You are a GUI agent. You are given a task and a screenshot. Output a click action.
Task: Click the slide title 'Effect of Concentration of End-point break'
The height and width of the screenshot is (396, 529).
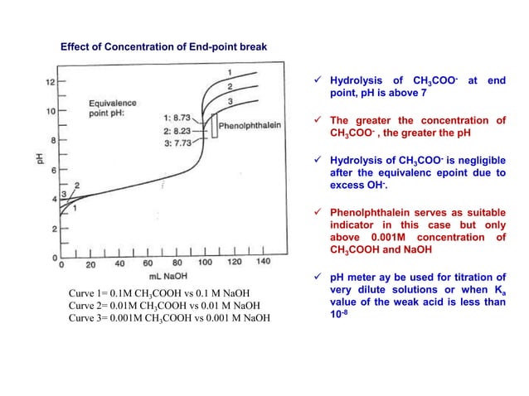(x=163, y=47)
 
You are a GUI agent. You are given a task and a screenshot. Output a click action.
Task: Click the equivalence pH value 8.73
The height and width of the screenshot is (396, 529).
(x=190, y=118)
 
